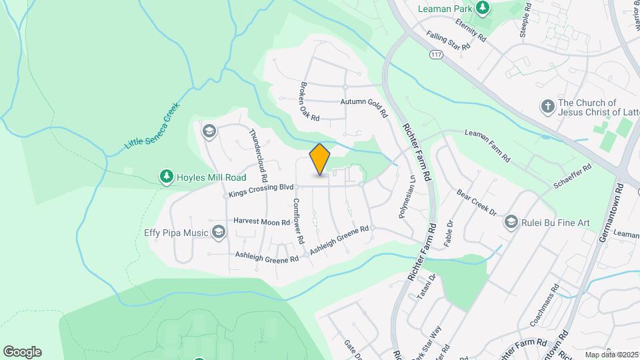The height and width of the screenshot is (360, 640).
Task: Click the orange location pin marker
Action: pos(320,159)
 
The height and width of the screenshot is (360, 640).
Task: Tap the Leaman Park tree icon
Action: pos(482,9)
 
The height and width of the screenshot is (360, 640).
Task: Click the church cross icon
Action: pos(547,106)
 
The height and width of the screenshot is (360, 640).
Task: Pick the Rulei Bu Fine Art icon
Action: pos(511,221)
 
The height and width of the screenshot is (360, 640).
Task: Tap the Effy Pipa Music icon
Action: pos(218,232)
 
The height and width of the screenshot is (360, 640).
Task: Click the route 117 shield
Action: pos(437,53)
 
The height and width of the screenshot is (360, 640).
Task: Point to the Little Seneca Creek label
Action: pos(152,125)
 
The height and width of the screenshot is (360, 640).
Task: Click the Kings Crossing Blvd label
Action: pos(261,191)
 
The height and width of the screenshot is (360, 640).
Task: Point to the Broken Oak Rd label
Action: pos(309,101)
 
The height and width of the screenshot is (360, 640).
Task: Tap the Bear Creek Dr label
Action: pos(477,203)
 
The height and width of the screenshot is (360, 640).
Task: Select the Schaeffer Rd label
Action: pos(573,177)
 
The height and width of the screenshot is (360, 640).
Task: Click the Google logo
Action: pos(22,352)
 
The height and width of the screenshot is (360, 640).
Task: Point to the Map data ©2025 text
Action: pos(611,355)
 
